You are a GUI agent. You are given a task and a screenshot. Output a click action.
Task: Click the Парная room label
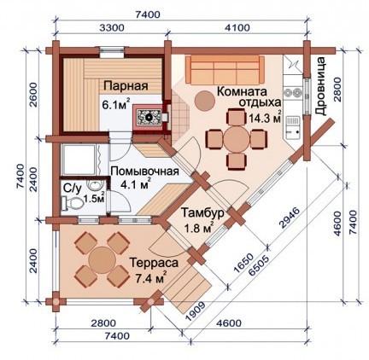click(x=126, y=85)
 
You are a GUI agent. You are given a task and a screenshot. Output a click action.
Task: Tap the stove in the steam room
click(x=148, y=117)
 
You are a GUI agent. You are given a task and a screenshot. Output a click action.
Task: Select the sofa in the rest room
click(x=225, y=70)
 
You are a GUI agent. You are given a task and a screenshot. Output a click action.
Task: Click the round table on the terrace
click(x=102, y=260)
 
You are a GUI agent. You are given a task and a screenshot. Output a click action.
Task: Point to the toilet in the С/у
click(x=73, y=203)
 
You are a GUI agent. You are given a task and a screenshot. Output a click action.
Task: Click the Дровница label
click(x=321, y=86)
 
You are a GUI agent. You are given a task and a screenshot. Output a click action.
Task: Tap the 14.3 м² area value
click(x=265, y=117)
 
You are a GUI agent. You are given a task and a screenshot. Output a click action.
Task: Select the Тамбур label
click(x=202, y=213)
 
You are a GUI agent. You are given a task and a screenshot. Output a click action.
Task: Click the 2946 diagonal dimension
click(x=289, y=218)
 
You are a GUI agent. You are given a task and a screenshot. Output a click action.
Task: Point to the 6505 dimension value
click(x=259, y=265)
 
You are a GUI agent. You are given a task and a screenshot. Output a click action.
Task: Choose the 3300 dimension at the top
click(x=112, y=28)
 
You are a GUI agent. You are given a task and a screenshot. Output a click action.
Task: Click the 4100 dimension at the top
click(x=237, y=28)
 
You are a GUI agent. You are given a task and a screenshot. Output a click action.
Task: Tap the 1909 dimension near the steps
click(x=195, y=311)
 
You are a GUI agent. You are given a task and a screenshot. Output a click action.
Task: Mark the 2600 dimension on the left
click(x=33, y=95)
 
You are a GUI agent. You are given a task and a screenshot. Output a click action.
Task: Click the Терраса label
click(x=154, y=263)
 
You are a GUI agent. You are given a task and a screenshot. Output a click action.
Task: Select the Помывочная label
click(x=144, y=171)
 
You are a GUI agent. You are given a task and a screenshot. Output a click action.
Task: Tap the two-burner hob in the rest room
click(x=293, y=93)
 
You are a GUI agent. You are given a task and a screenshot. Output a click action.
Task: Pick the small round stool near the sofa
click(x=204, y=101)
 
